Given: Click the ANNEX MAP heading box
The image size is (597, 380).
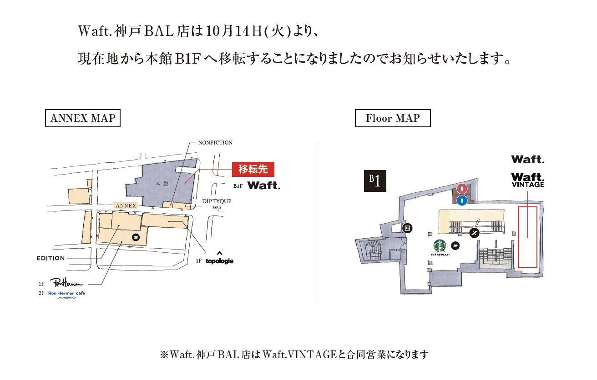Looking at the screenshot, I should pos(83,119).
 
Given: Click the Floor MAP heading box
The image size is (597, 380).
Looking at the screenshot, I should pos(393,119).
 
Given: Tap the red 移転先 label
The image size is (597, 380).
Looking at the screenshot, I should pos(253,169).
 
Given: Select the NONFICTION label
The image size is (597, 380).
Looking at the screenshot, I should pos(215,143).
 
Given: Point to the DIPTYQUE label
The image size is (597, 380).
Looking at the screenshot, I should pos(217,201).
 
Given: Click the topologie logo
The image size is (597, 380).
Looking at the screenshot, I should pos(219,261).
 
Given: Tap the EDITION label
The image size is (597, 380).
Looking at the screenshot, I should pos(51,258).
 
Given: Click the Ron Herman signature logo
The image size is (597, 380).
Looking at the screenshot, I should pos(66,283).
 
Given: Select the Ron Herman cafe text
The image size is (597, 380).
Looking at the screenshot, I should pos(66,294).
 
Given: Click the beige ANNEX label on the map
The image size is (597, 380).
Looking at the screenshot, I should pos(126,206).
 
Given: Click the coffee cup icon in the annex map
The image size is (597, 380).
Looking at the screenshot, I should pos(136,237).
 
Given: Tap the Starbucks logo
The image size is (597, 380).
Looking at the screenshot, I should pos(440,247).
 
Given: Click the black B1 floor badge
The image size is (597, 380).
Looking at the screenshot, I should pos(375,181).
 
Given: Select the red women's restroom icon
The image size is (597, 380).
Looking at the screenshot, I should pos(462,188).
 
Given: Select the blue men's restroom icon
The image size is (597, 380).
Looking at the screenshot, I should pos(462,200).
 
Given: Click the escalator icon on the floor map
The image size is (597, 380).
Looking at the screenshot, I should pos(474,233).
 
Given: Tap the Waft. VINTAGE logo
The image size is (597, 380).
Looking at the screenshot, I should pos(527,180).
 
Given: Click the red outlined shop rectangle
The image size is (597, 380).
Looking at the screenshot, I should pos(527,236).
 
